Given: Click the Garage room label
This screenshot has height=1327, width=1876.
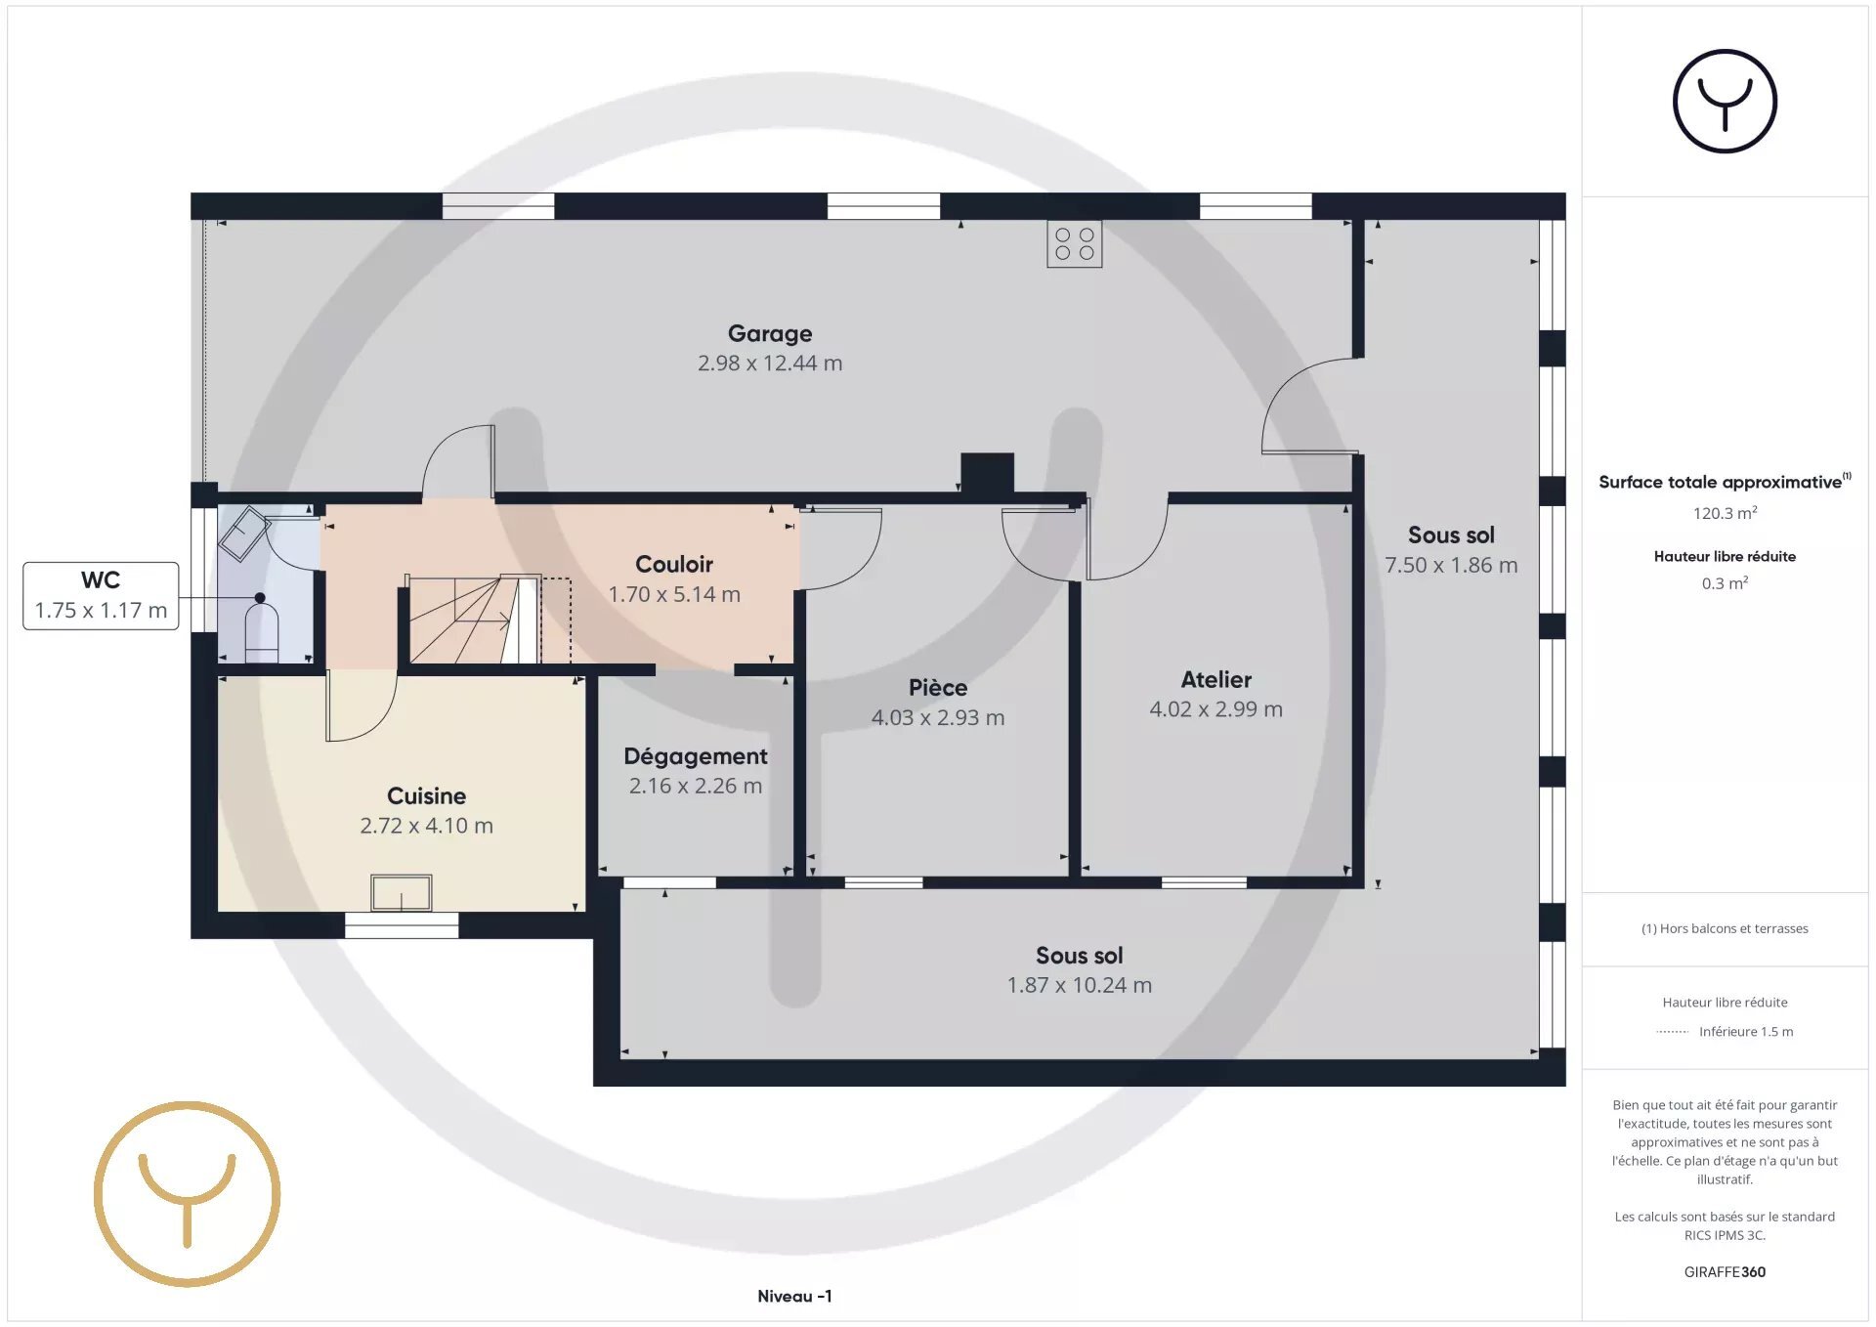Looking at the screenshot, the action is pyautogui.click(x=770, y=334).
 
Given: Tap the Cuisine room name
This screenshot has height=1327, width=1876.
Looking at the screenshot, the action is pyautogui.click(x=426, y=796).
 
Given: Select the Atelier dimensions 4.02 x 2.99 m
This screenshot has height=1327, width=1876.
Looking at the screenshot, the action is pyautogui.click(x=1215, y=709).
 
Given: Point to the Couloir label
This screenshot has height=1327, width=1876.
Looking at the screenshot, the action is pyautogui.click(x=674, y=565).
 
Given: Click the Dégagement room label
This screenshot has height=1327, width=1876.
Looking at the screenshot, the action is pyautogui.click(x=696, y=756).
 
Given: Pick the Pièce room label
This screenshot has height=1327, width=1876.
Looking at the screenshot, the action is pyautogui.click(x=938, y=688).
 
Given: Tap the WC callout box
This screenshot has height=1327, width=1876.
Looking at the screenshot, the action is pyautogui.click(x=101, y=596).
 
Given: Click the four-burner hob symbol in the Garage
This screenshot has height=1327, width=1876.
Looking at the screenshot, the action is pyautogui.click(x=1074, y=244).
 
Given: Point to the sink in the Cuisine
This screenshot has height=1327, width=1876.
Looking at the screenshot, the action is pyautogui.click(x=401, y=893).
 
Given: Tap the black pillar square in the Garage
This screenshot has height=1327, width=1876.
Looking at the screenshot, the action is pyautogui.click(x=987, y=473).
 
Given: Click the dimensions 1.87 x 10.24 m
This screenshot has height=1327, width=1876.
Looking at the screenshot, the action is pyautogui.click(x=1080, y=986).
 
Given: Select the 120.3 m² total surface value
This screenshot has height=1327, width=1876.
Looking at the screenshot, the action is pyautogui.click(x=1725, y=513).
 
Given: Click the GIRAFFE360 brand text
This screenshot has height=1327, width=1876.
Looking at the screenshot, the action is pyautogui.click(x=1725, y=1272).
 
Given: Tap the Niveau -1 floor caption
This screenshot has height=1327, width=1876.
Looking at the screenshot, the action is pyautogui.click(x=794, y=1297).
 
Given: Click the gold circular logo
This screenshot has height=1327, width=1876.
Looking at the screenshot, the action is pyautogui.click(x=188, y=1194).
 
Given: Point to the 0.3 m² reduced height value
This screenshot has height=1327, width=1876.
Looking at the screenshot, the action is pyautogui.click(x=1725, y=583).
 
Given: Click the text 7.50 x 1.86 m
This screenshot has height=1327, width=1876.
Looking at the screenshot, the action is pyautogui.click(x=1451, y=566).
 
